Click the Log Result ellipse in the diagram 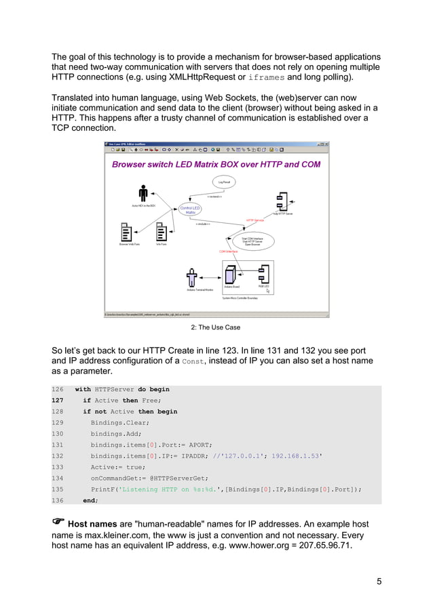tap(223, 182)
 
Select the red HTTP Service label tap(255, 220)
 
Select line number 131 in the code tap(58, 445)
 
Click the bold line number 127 tap(58, 401)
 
